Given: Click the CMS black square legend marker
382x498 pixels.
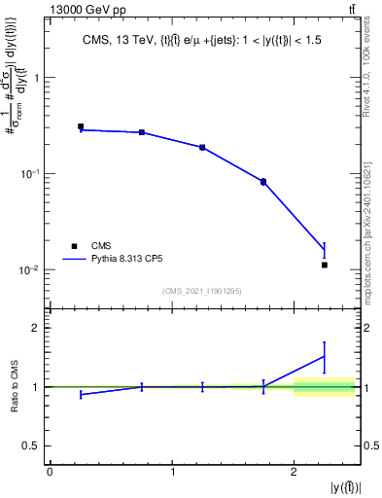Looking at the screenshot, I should point(73,245).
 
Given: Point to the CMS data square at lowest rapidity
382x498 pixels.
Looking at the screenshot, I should point(81,126).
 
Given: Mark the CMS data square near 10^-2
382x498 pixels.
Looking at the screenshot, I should point(325,265).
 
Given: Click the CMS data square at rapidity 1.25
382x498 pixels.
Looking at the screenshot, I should point(202,147).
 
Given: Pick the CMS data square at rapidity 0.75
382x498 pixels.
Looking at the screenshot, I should point(142,132).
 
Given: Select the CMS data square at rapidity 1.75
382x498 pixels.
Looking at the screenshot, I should point(263,182).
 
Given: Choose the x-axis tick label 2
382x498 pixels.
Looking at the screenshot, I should point(294,472).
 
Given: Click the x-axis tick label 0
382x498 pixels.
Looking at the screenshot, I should point(50,472).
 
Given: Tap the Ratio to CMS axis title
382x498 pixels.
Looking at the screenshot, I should point(14,387).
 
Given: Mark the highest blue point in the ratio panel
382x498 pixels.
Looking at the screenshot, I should point(325,356).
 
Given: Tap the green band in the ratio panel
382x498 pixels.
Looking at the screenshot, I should point(325,388).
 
